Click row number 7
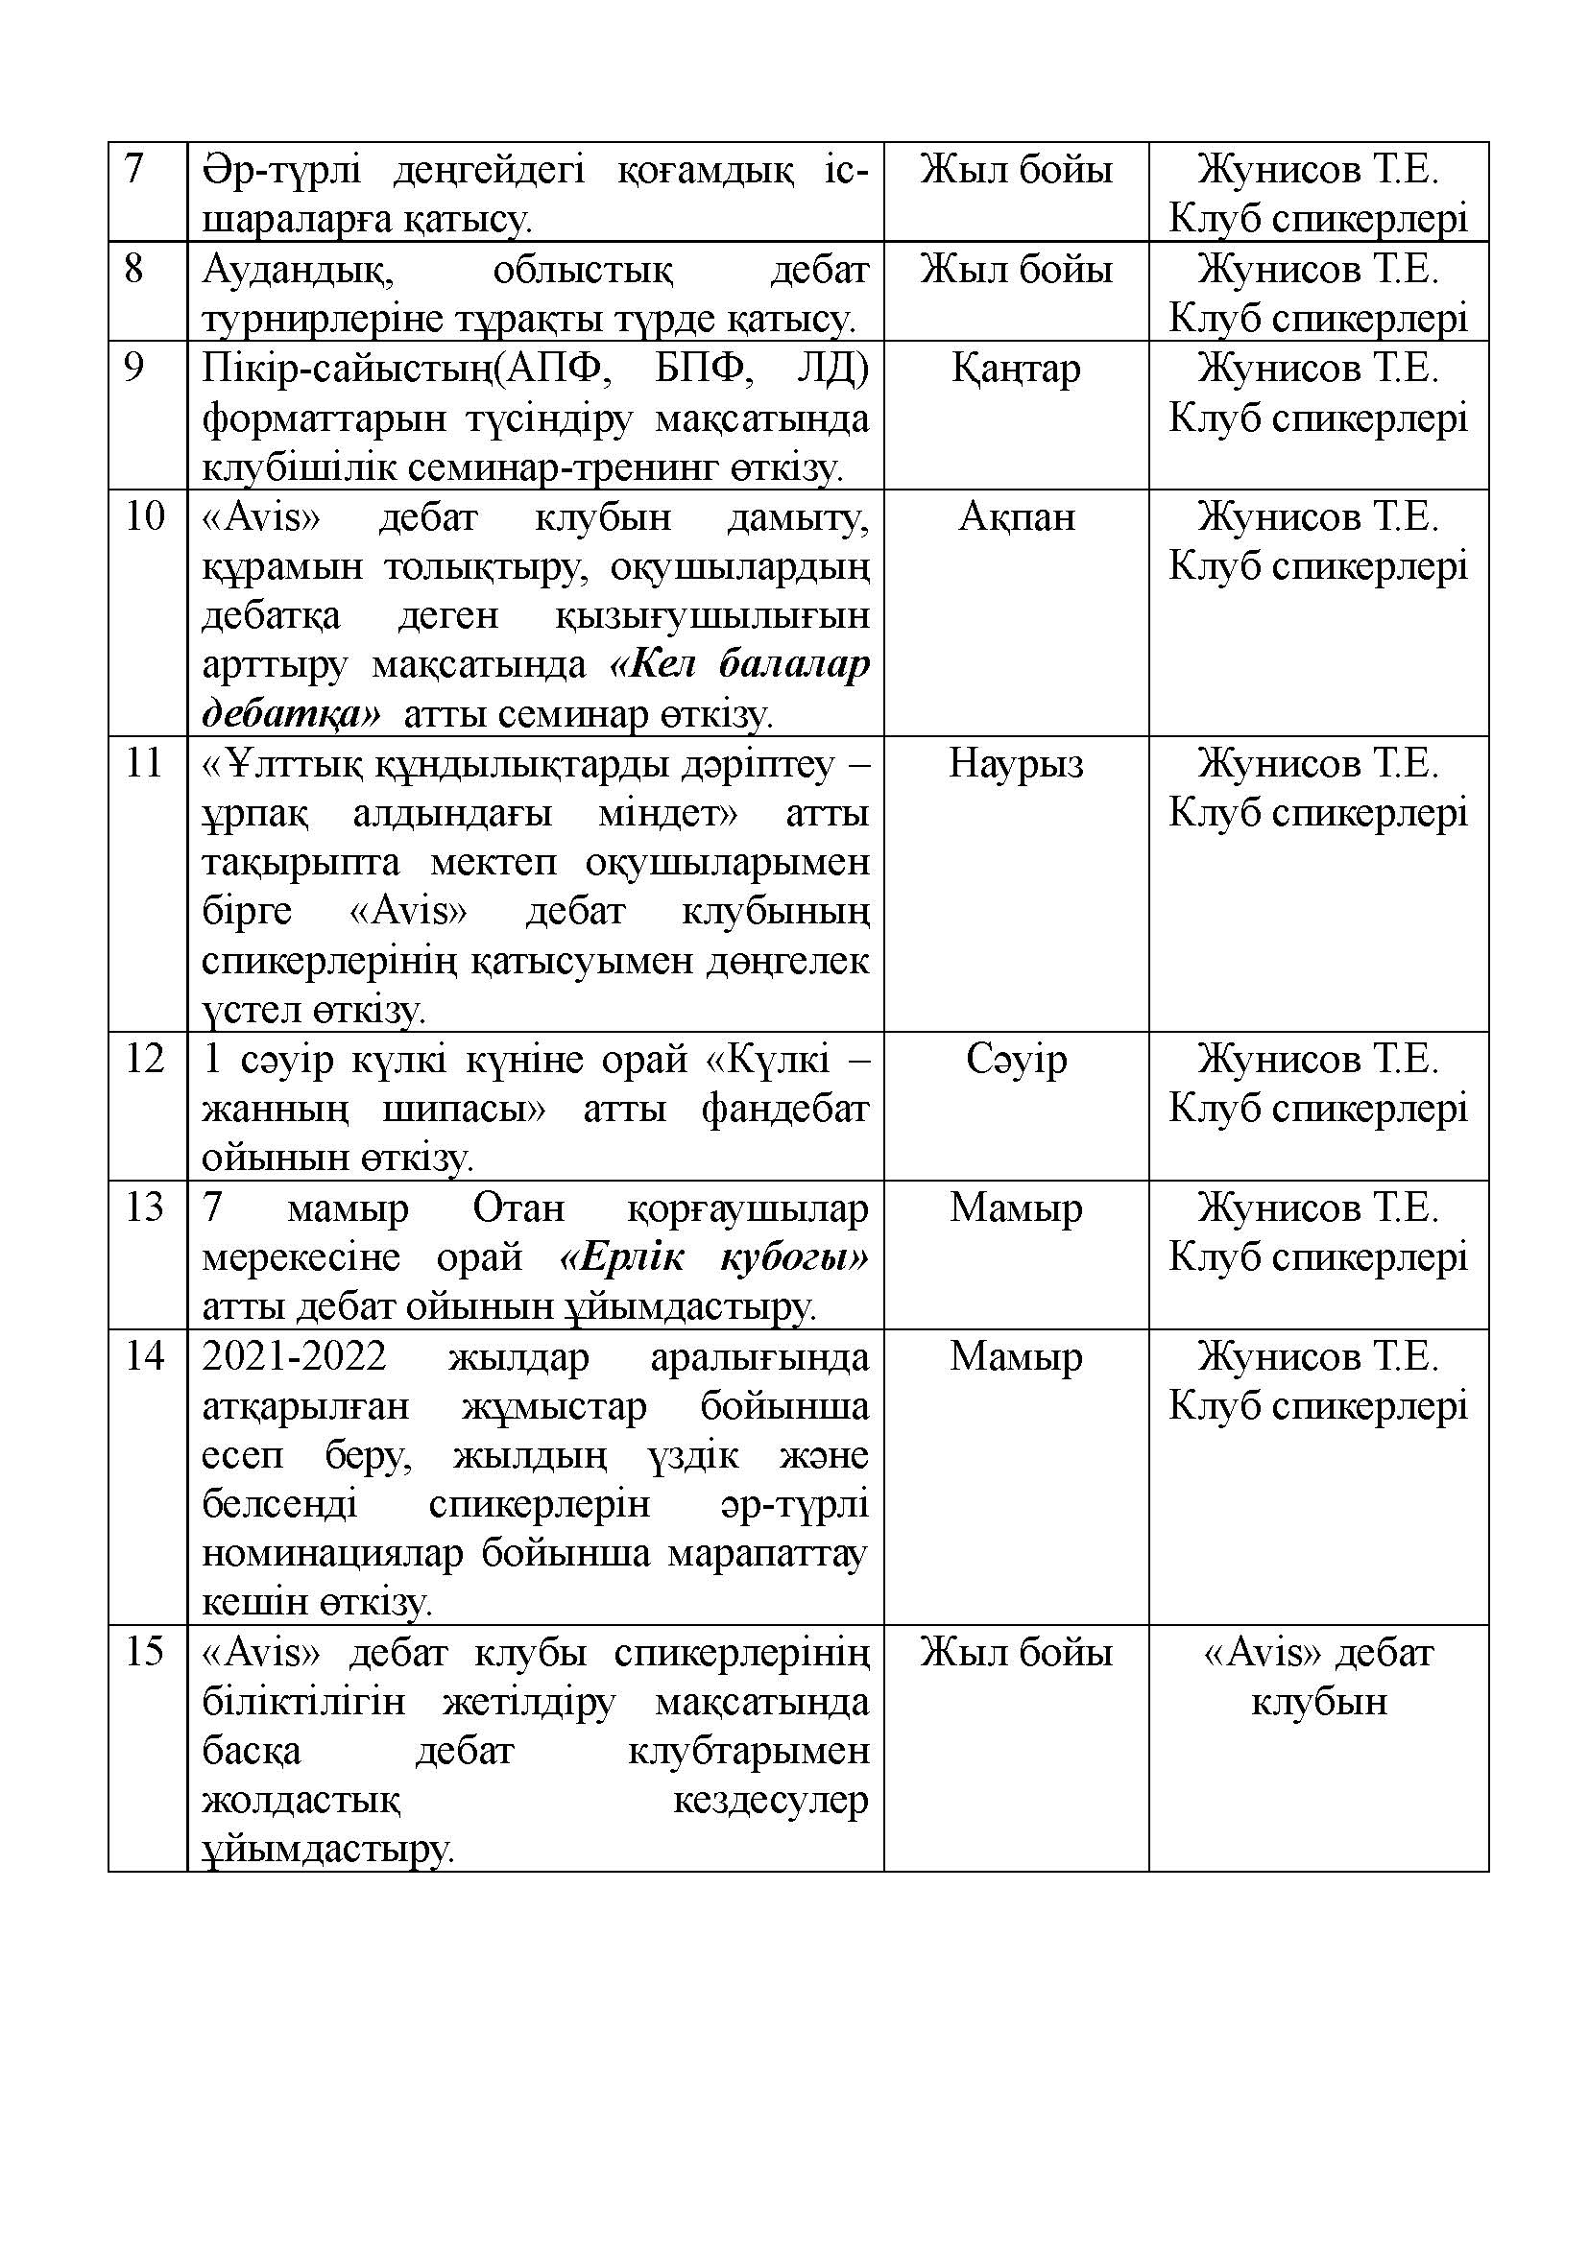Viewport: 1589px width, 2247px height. click(x=134, y=169)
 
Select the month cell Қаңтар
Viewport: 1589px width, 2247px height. click(x=1015, y=369)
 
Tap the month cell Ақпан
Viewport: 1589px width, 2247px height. click(x=1016, y=516)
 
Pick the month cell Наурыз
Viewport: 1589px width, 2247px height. click(x=1015, y=763)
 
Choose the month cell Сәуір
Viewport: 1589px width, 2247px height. click(x=1016, y=1060)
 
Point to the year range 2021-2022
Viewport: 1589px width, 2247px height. click(x=295, y=1357)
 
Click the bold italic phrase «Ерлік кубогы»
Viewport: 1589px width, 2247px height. click(x=712, y=1257)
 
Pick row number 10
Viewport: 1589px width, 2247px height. click(x=144, y=516)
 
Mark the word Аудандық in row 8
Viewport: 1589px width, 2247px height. click(x=298, y=270)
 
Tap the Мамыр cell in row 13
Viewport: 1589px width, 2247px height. click(x=1015, y=1208)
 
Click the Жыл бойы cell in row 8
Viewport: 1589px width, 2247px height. click(x=1015, y=270)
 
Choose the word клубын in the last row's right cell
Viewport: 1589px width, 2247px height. click(x=1319, y=1703)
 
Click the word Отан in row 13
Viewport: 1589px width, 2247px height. click(x=518, y=1208)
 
